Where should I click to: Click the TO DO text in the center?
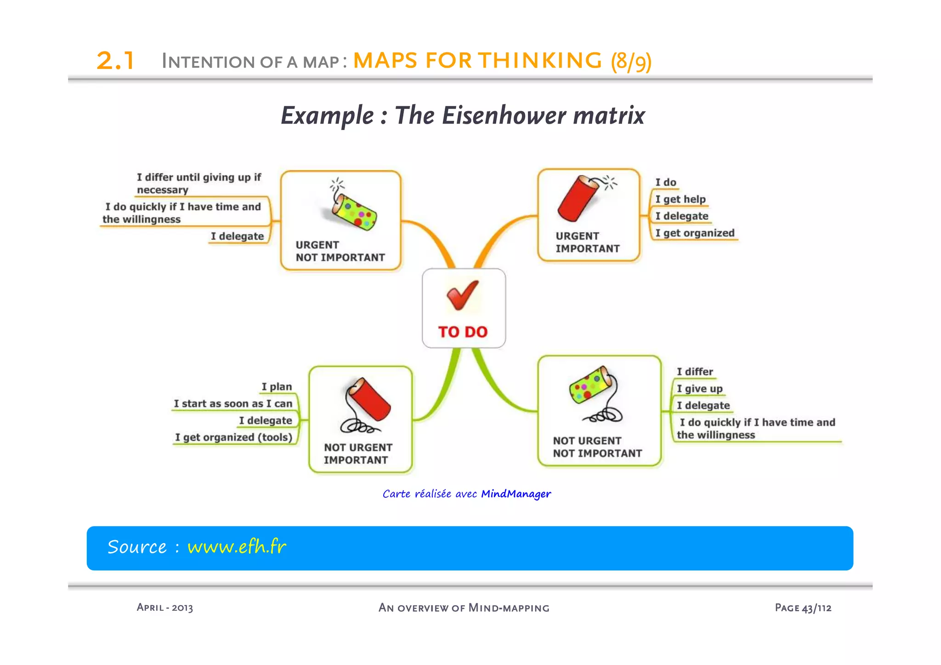pos(463,332)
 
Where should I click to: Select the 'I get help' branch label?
pos(680,199)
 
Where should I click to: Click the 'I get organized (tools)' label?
pos(233,438)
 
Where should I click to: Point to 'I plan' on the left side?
pos(277,387)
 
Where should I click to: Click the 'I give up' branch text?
pos(699,389)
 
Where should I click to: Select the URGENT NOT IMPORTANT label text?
pos(340,251)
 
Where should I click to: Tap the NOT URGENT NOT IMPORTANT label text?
pos(597,447)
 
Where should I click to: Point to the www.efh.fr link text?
pos(237,547)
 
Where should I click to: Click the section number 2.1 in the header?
pos(115,61)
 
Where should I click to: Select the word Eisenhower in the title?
pos(504,115)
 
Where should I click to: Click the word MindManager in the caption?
pos(516,494)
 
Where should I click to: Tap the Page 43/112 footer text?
pos(803,608)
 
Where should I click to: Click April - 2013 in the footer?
pos(164,608)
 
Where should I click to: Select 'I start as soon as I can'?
pos(233,404)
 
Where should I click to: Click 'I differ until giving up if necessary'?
pos(198,183)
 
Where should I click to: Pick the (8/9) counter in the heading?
pos(631,61)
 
